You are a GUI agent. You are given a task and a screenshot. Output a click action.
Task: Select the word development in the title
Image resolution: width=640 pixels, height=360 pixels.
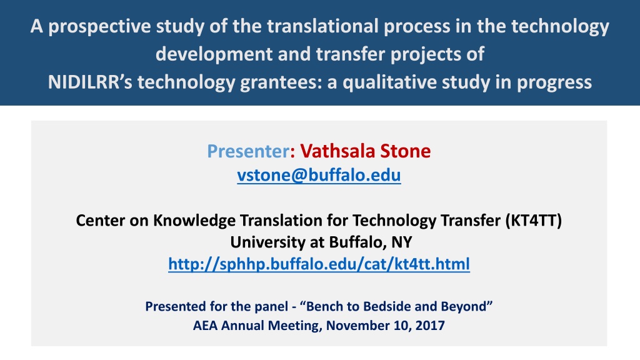click(x=214, y=55)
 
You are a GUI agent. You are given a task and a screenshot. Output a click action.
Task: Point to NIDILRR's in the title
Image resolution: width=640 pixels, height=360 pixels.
click(x=90, y=82)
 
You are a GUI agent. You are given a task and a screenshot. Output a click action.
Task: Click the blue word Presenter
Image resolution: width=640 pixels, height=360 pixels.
click(x=249, y=151)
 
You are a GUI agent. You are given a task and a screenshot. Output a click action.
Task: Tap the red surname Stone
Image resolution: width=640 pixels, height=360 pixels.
click(x=405, y=151)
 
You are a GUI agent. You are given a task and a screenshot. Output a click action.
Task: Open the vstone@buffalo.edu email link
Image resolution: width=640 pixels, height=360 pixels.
click(x=319, y=175)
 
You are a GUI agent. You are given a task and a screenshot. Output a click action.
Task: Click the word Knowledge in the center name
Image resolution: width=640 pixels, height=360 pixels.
click(x=194, y=221)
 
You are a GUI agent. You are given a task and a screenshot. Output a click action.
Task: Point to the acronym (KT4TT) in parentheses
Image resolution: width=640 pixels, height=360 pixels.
click(x=534, y=221)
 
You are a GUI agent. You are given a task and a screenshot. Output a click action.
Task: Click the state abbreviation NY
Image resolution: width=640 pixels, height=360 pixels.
click(x=402, y=242)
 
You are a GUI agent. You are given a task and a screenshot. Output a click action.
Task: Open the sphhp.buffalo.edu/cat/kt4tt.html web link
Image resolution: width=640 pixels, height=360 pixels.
click(x=319, y=264)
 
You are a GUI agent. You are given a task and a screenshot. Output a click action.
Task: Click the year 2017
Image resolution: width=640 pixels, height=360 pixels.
click(x=430, y=326)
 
